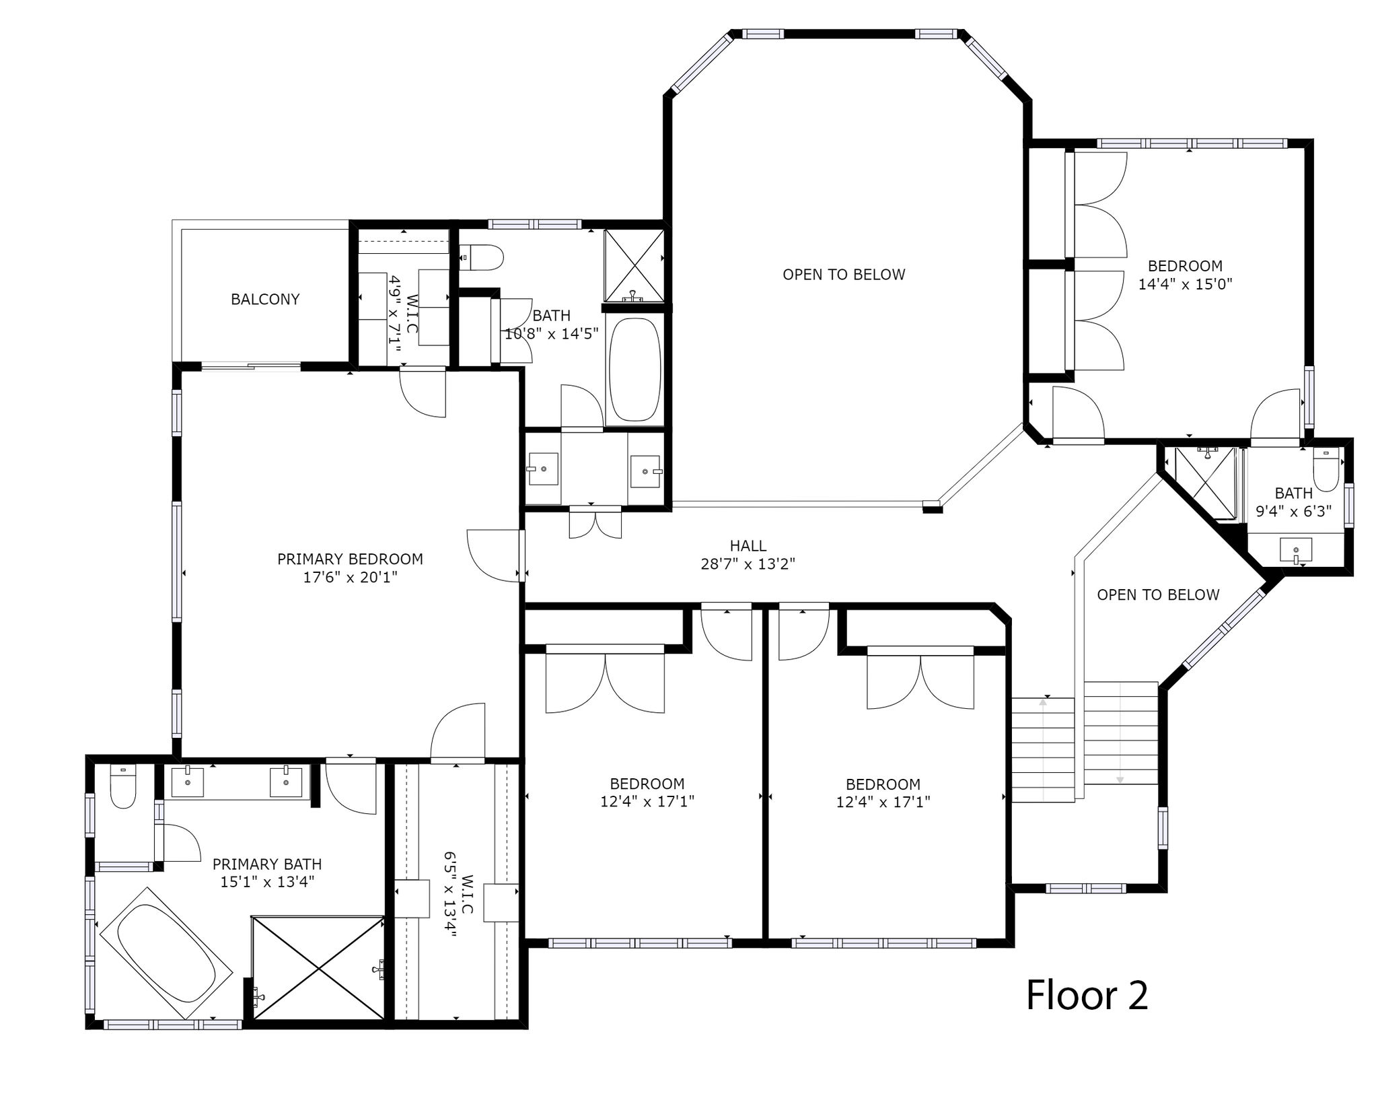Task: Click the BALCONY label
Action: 265,300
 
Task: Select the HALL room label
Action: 748,546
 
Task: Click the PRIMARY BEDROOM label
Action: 350,559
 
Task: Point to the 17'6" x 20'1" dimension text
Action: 350,578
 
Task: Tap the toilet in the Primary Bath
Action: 123,787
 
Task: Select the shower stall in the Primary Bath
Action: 318,967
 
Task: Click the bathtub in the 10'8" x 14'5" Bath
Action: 634,371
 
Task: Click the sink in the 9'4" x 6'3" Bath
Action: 1296,550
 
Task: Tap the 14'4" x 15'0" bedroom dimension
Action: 1185,284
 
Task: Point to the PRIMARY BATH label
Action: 267,864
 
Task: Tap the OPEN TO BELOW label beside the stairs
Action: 1158,595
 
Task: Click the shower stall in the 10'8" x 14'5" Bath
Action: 634,265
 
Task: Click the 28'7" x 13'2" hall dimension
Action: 748,564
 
